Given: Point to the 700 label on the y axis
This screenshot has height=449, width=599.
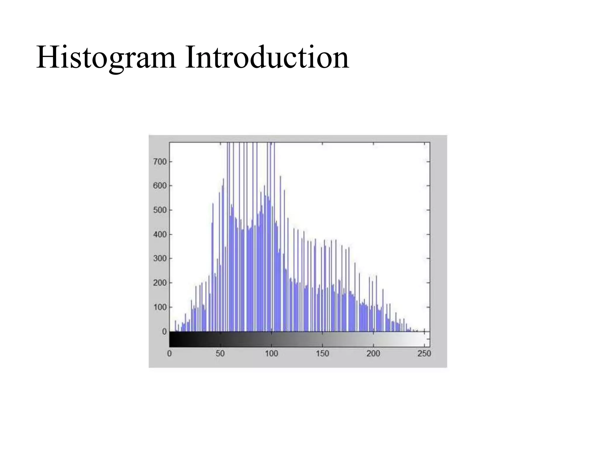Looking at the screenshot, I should click(160, 162).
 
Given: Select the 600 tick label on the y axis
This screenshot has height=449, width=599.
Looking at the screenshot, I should click(160, 186).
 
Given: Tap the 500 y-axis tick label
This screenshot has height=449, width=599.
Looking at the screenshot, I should click(160, 210).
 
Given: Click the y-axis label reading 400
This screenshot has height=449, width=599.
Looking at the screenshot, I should click(160, 234).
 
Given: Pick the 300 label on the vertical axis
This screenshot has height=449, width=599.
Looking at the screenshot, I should click(160, 258).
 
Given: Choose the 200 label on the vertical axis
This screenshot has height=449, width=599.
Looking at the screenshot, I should click(160, 283).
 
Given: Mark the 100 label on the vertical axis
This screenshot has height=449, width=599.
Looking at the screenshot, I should click(160, 307).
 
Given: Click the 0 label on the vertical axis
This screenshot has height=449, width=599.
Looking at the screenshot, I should click(164, 332).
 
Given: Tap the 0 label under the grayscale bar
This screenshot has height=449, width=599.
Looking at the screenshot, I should click(169, 354).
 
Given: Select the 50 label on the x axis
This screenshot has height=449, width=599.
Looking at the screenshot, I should click(220, 354).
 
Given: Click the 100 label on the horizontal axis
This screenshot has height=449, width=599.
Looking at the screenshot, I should click(271, 354).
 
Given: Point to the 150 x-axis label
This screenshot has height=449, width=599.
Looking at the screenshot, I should click(322, 354).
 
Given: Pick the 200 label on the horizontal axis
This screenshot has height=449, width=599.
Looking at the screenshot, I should click(373, 354).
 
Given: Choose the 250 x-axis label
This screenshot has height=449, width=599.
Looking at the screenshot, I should click(424, 354).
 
